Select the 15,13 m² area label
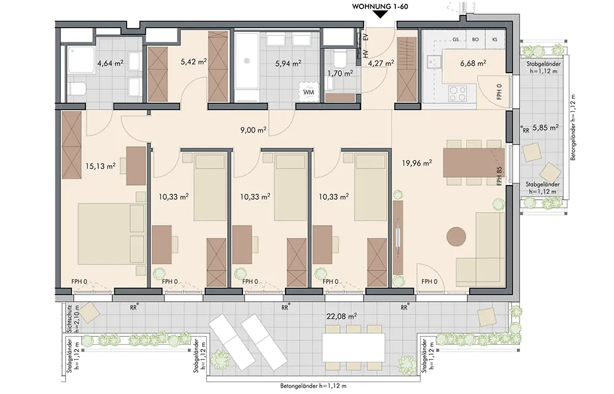(100, 166)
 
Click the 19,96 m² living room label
(417, 163)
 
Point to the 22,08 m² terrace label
(341, 316)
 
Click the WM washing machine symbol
(309, 92)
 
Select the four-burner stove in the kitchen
(458, 93)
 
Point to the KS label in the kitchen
(494, 39)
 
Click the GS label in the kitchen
(456, 39)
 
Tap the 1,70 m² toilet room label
(340, 73)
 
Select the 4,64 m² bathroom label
(111, 63)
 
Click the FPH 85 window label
(499, 176)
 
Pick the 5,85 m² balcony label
(545, 128)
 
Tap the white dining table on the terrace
(353, 348)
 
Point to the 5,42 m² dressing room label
(193, 62)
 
